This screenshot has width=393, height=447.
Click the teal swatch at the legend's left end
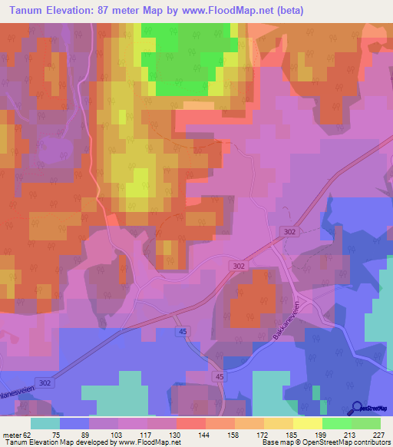coord(45,423)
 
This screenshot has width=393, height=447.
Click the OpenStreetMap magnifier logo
coord(356,408)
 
